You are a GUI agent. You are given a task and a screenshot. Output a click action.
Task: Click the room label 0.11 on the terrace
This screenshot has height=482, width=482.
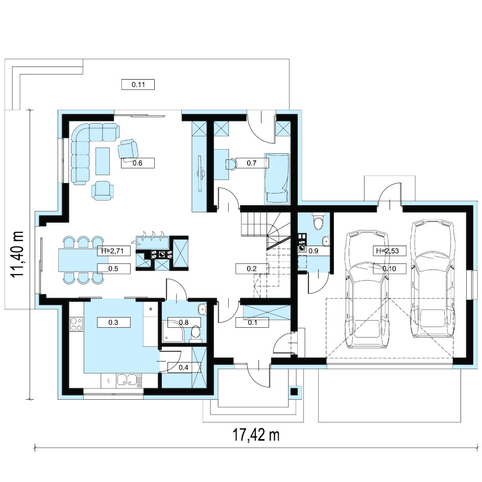tap(138, 84)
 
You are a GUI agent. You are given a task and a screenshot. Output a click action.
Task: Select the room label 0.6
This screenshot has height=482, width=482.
tap(137, 163)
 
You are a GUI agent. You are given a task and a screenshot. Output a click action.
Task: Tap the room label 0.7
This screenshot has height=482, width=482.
tap(251, 163)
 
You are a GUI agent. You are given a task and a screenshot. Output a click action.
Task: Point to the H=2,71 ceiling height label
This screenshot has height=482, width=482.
tap(112, 251)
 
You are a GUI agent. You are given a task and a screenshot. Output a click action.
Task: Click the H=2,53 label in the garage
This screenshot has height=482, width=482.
tap(388, 251)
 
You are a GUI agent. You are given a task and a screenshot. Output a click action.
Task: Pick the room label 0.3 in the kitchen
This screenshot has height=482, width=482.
tap(113, 322)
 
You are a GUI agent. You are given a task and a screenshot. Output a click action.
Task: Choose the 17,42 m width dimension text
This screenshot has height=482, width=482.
tap(256, 435)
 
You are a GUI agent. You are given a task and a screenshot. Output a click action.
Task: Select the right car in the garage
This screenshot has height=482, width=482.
tap(432, 278)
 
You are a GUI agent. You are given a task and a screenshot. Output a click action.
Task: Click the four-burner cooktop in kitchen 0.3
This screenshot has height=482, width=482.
tap(76, 324)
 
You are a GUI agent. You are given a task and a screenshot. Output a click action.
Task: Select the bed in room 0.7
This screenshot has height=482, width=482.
tap(277, 178)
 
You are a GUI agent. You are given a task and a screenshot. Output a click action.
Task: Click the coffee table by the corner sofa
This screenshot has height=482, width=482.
tap(103, 161)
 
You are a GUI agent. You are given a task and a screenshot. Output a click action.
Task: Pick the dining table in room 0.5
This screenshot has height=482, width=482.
tap(83, 260)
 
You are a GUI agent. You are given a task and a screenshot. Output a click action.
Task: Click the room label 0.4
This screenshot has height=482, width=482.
tap(183, 367)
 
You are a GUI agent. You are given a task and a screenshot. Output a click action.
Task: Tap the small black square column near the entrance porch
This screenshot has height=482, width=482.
tap(294, 392)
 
